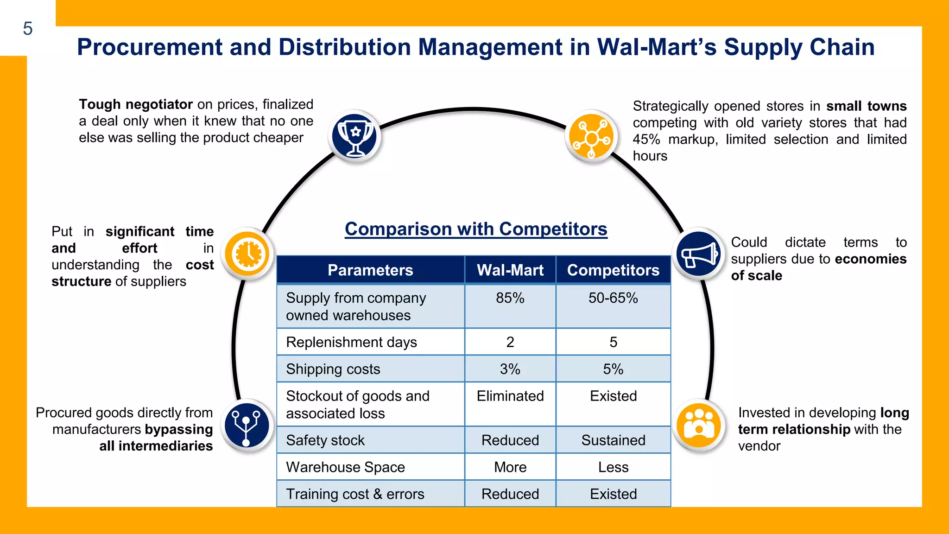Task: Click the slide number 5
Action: point(28,29)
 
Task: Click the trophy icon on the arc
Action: point(355,136)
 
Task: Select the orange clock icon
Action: point(247,254)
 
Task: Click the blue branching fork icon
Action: point(247,426)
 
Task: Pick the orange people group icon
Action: point(698,426)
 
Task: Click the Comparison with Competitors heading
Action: point(476,229)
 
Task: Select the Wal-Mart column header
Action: point(510,270)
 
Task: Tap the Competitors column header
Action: point(613,270)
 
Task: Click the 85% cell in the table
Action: point(510,298)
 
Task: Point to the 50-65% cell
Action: point(613,298)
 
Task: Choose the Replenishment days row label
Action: point(351,342)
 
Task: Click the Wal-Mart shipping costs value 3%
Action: point(510,369)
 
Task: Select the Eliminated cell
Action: point(510,396)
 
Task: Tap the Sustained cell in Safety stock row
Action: point(613,440)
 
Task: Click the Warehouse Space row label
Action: point(345,467)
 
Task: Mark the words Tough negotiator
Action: point(136,104)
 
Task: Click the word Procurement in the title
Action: point(150,47)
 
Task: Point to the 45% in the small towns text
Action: point(646,139)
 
